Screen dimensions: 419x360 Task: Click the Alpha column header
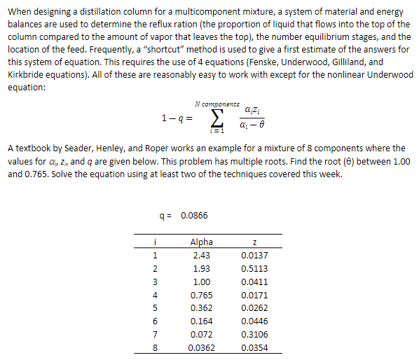[202, 242]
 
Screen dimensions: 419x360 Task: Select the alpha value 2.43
[202, 256]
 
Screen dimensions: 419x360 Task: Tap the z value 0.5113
[253, 269]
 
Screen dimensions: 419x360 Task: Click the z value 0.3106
[253, 335]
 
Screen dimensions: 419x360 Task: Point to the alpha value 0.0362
[202, 348]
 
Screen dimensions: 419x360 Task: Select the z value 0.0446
[253, 321]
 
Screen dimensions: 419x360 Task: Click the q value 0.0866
[193, 216]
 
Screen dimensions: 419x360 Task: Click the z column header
[253, 242]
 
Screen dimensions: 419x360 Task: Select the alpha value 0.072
[202, 335]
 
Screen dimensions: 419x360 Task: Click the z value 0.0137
[253, 256]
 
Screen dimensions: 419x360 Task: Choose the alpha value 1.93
[202, 269]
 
